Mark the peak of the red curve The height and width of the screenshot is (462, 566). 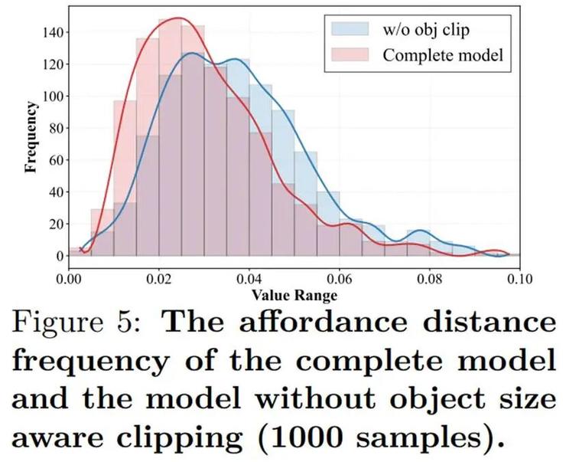177,18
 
